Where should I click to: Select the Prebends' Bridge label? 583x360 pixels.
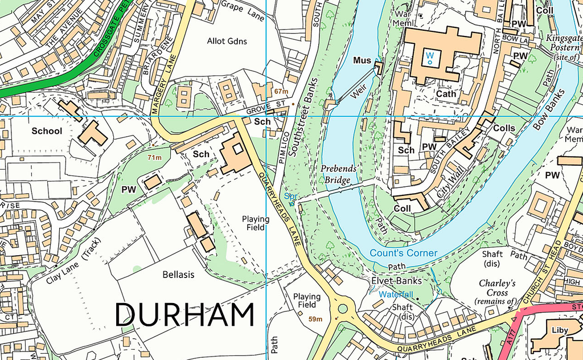(338, 174)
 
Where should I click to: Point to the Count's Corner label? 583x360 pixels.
(403, 253)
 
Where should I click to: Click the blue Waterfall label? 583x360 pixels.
(397, 294)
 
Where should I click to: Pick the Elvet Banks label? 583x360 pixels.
(396, 281)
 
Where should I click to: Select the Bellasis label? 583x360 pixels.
(178, 275)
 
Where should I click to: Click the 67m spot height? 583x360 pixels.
(281, 91)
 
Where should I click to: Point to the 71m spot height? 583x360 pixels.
(155, 157)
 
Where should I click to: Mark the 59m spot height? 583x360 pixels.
(315, 320)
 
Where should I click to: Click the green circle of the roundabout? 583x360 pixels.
(342, 309)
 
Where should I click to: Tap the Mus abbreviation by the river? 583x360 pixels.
(362, 60)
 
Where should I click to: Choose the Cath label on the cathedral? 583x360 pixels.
(446, 93)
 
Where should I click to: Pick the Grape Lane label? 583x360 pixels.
(243, 11)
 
